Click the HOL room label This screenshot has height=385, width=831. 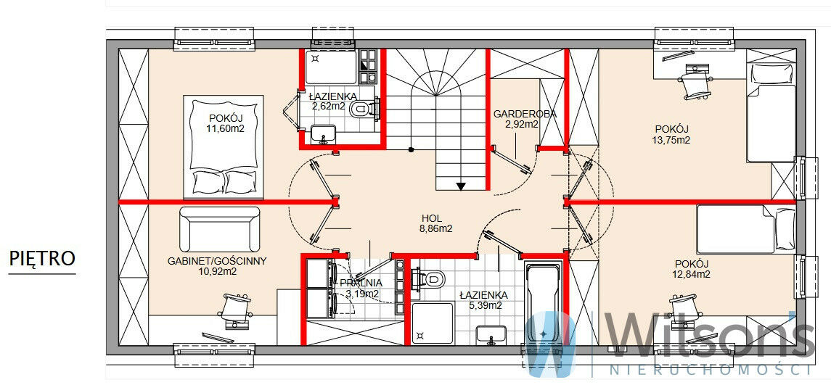tap(432, 218)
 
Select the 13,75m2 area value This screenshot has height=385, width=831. tap(671, 141)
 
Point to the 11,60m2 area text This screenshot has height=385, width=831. tap(226, 128)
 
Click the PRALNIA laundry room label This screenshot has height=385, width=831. tap(361, 283)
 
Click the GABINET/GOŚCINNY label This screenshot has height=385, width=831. tap(217, 261)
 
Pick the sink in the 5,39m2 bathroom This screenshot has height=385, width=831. tap(493, 334)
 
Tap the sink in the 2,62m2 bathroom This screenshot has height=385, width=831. tap(323, 133)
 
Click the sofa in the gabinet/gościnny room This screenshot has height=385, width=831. tap(220, 229)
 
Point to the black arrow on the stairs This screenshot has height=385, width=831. tap(461, 186)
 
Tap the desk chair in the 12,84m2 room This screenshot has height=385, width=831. tap(684, 309)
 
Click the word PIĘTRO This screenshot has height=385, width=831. tap(42, 259)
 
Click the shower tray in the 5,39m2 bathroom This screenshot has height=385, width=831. tap(433, 323)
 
